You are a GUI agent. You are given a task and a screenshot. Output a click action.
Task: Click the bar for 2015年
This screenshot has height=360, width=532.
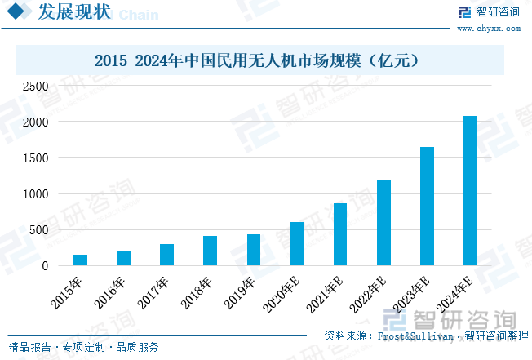pos(80,260)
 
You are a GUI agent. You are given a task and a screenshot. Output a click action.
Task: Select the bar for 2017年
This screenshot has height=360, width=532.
pos(166,255)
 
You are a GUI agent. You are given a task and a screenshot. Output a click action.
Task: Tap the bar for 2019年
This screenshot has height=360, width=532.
pos(253,250)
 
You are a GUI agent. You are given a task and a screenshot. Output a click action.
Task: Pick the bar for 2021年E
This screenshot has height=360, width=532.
pos(340,234)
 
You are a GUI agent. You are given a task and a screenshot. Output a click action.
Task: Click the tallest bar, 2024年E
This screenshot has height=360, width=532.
pos(470,190)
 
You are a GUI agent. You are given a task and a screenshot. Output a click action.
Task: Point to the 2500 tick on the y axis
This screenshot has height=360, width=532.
pos(35,86)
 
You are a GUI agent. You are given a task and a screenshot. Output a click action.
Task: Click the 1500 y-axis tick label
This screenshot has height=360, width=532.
pos(35,158)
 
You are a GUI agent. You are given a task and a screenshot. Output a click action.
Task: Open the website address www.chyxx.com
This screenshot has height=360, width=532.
pos(488,28)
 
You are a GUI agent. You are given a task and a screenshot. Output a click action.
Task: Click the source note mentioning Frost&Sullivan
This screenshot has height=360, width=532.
pos(425,336)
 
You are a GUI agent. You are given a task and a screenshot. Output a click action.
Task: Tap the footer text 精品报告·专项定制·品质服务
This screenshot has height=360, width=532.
pos(83,347)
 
